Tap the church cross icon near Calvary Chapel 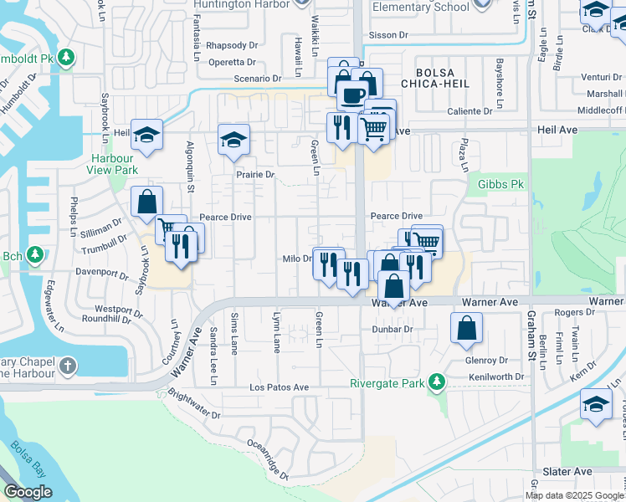67,366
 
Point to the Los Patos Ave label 280,387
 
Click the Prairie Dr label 254,174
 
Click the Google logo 28,492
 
